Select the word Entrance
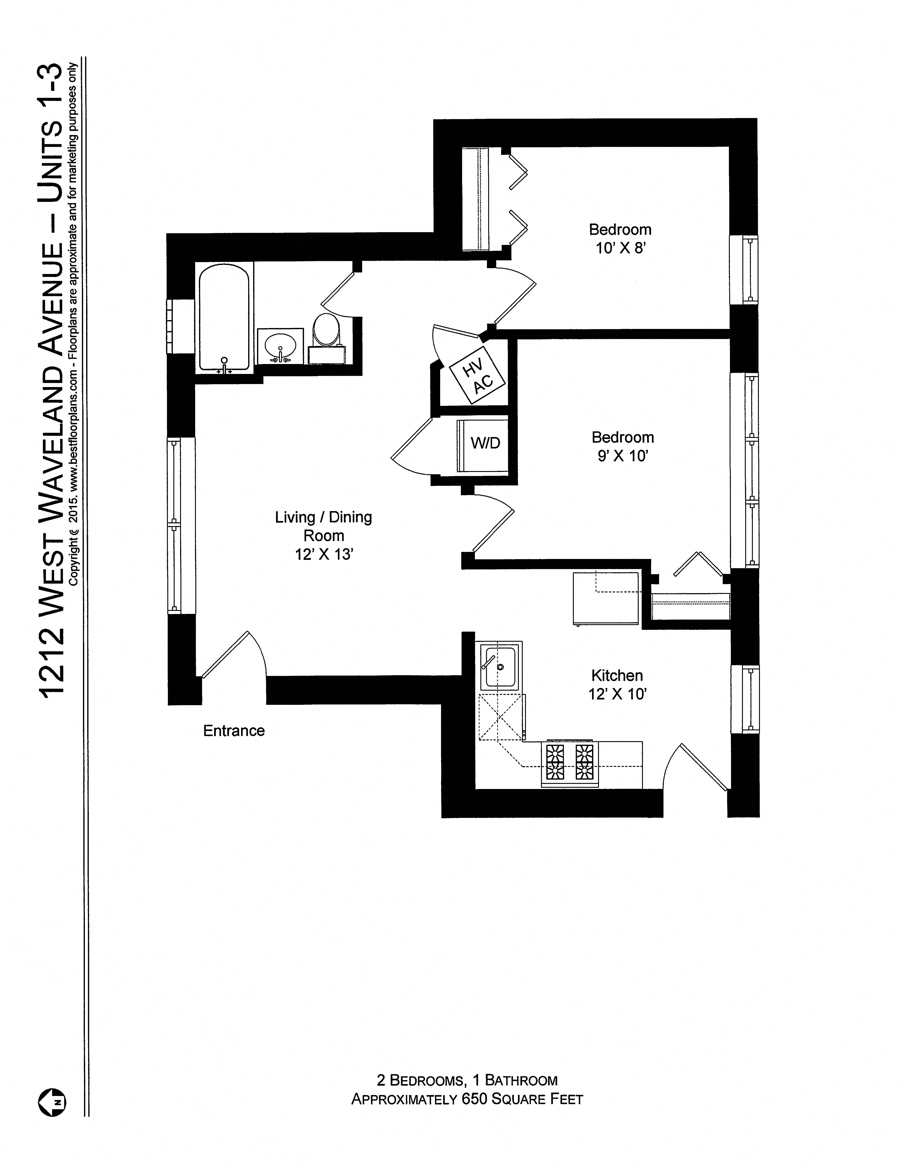click(x=234, y=731)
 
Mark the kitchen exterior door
click(x=696, y=766)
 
